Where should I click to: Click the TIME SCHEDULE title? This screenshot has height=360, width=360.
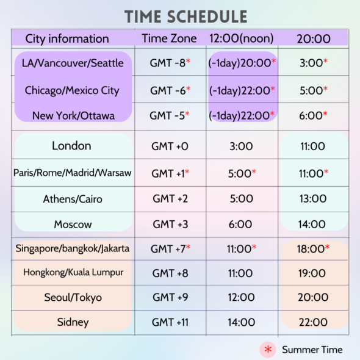[186, 16]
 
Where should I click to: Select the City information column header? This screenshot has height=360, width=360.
[67, 38]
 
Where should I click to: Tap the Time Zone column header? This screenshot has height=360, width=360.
[169, 38]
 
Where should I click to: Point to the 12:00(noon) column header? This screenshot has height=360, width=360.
[242, 38]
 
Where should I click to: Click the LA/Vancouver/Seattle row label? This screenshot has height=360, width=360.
[73, 63]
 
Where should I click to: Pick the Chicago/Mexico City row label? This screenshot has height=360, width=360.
[72, 90]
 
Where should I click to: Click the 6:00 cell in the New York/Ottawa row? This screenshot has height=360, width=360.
[313, 115]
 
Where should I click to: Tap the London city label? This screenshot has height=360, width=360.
[71, 146]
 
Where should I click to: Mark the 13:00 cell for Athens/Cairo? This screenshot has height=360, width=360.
[313, 198]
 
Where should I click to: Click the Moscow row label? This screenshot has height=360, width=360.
[73, 224]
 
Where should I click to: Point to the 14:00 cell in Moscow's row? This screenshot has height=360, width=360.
[313, 224]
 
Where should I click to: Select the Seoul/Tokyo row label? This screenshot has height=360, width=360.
[73, 298]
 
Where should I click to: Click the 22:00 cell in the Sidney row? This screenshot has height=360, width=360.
[313, 322]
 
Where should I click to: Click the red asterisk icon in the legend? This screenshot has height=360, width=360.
[267, 350]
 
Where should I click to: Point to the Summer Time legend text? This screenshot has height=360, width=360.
[312, 350]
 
